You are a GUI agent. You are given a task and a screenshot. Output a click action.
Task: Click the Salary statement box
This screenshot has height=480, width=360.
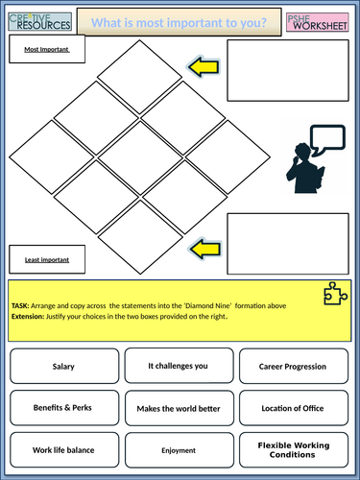coord(64,366)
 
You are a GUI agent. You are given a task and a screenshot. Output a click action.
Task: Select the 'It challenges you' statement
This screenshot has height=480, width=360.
coord(179,366)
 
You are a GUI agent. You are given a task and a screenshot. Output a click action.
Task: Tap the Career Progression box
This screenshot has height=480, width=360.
coord(294,366)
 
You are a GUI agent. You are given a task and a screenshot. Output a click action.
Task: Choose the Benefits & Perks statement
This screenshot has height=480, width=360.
coord(64,408)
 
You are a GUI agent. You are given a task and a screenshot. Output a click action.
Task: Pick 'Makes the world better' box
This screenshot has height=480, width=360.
coord(180,408)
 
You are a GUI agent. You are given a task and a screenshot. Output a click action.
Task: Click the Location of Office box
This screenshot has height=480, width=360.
coord(294,408)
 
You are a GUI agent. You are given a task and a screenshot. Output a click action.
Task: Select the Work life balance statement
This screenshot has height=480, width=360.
coord(64,450)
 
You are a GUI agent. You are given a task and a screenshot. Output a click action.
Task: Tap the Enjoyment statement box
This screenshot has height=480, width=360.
coord(180,450)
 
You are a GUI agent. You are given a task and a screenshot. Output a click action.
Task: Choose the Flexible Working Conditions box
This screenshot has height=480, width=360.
coord(294,450)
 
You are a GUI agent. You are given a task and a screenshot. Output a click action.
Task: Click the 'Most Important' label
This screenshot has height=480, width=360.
coord(47,49)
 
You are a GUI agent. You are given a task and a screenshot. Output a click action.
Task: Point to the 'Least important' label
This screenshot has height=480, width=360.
coord(47,259)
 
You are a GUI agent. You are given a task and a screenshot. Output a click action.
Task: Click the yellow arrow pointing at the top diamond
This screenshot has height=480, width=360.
coord(204,67)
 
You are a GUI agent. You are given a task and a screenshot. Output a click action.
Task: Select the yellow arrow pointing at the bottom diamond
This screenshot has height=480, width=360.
coord(205,249)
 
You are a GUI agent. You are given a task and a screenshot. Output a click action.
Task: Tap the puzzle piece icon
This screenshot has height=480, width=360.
coord(335,294)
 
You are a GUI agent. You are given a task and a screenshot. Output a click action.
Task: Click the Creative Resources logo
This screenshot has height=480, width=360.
coord(39,22)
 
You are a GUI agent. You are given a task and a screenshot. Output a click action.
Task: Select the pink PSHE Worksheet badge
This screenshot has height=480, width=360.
coord(318,22)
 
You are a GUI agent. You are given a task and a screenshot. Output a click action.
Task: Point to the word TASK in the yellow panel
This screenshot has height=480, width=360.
coord(20,306)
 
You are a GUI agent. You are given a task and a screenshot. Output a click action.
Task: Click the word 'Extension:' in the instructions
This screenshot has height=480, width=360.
coord(28,317)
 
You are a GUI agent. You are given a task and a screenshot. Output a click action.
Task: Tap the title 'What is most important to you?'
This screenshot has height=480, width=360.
coord(179,22)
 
